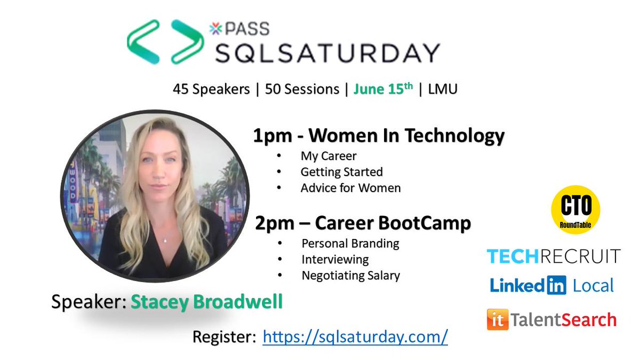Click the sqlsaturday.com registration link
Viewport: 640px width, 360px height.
355,337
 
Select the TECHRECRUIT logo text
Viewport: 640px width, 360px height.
554,256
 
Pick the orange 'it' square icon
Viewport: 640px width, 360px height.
497,319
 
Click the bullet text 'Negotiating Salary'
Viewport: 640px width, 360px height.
350,276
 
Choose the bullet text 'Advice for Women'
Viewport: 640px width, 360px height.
350,188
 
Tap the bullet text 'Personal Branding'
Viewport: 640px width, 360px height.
350,244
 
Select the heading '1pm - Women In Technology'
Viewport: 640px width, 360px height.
378,137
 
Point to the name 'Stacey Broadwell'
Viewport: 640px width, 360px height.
206,302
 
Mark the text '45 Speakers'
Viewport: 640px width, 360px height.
211,90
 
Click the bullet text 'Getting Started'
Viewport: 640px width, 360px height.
341,172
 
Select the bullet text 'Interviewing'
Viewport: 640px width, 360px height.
335,260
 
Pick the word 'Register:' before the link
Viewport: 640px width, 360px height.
223,337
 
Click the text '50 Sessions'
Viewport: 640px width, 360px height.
302,90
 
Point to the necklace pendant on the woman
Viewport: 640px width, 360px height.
165,241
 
